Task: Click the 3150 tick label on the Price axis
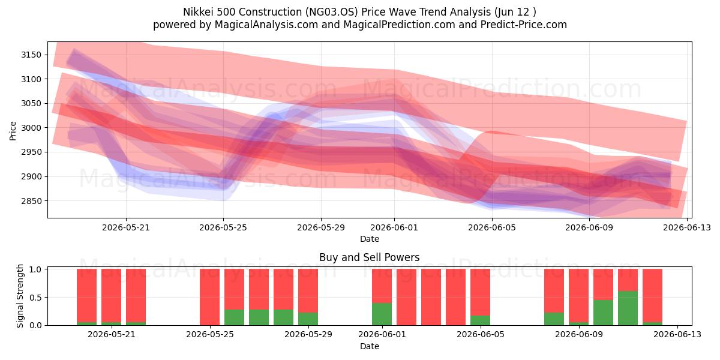pos(31,55)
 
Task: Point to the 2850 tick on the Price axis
pos(31,201)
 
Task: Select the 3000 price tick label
pos(31,128)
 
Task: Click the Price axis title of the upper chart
pos(13,131)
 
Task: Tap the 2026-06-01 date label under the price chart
pos(394,228)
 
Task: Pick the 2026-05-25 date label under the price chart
pos(223,228)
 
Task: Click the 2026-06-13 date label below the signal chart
pos(677,335)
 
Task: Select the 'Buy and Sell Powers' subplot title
pos(370,257)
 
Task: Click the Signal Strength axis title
pos(20,296)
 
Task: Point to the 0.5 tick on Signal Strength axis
pos(35,298)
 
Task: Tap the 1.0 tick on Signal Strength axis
pos(35,269)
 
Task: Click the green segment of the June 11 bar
pos(628,308)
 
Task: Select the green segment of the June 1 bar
pos(382,314)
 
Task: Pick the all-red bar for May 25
pos(209,297)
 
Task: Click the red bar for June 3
pos(431,297)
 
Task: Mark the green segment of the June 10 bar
pos(604,313)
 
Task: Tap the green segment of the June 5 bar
pos(480,320)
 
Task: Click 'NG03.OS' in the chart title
pos(331,12)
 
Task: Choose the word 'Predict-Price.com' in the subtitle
pos(524,25)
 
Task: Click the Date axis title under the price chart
pos(370,239)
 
